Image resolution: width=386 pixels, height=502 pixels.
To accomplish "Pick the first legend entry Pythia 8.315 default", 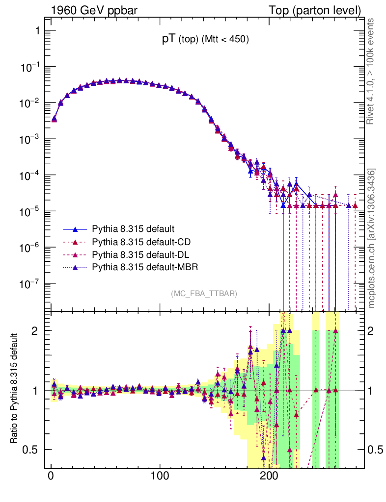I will click(x=126, y=228).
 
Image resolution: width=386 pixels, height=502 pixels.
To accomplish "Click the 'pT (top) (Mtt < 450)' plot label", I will click(x=206, y=40).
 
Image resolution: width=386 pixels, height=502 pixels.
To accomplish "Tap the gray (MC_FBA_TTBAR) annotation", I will click(x=204, y=294).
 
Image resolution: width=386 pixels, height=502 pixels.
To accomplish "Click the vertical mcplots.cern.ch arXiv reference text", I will click(x=371, y=238).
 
